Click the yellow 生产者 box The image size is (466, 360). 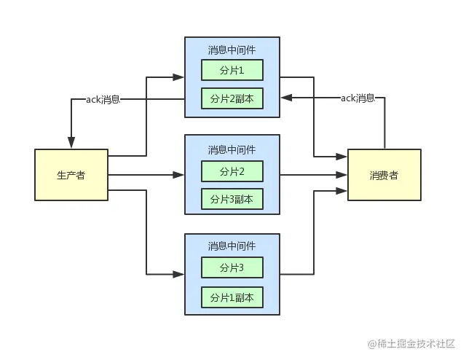[x=71, y=175]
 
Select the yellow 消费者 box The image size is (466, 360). [x=384, y=175]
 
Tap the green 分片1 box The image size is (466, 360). [x=232, y=70]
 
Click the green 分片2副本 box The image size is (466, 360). [x=232, y=98]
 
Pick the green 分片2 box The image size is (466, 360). [x=232, y=171]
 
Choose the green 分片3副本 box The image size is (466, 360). [x=232, y=198]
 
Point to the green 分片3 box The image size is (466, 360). [x=232, y=268]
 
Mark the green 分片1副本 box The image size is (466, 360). [x=232, y=297]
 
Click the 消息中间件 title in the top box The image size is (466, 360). [x=232, y=50]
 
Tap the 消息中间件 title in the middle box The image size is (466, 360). [x=232, y=149]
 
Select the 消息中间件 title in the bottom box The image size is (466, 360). [x=232, y=246]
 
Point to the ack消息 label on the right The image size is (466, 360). [x=358, y=98]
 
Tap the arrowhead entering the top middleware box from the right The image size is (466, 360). [x=285, y=98]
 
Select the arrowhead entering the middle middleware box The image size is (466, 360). [x=179, y=175]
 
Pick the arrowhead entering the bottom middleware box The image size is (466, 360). [x=179, y=274]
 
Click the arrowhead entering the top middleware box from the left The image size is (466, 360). [x=179, y=76]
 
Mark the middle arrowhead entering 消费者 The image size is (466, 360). [x=343, y=175]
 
